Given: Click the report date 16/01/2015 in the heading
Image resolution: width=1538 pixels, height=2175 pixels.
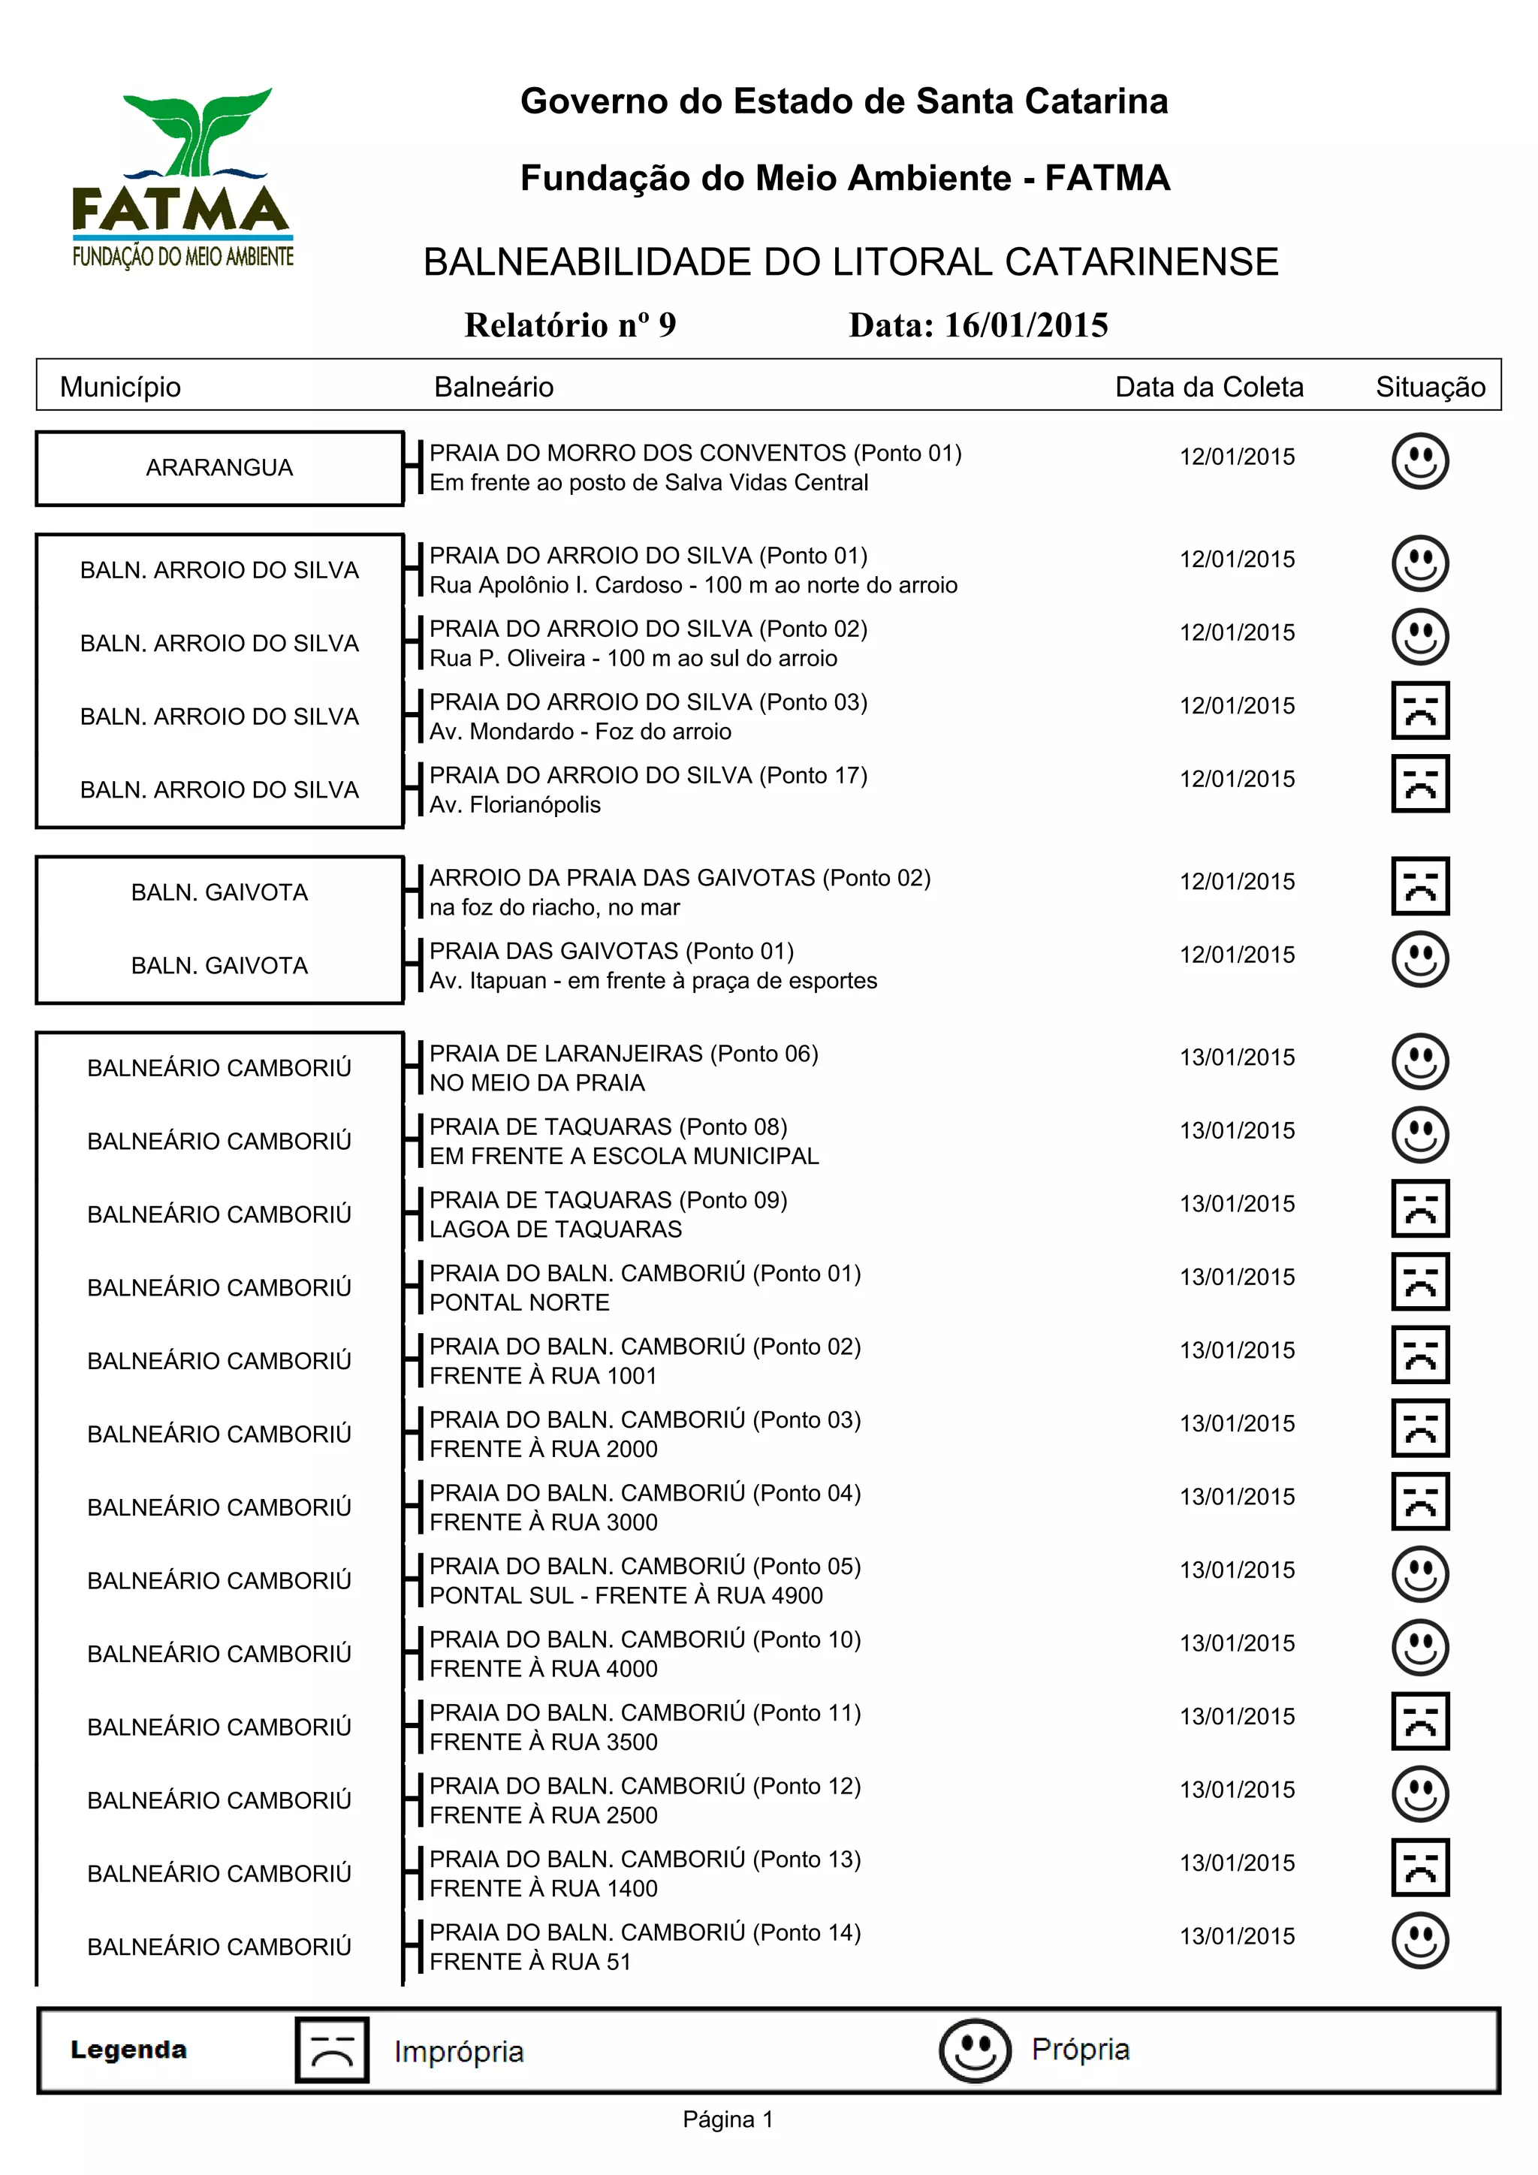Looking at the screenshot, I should tap(979, 325).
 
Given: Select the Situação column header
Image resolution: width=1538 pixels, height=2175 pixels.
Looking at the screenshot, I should tap(1430, 387).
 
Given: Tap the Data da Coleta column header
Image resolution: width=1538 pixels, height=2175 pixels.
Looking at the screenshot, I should tap(1208, 387).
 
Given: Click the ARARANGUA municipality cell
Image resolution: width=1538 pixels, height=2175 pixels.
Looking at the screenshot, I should tap(220, 468).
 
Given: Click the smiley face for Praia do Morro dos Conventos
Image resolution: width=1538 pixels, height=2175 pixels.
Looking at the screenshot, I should tap(1419, 461).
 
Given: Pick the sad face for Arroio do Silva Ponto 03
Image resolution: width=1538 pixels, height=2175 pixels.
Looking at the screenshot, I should tap(1419, 710).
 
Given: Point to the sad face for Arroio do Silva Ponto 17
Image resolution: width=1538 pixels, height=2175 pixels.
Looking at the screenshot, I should tap(1419, 783).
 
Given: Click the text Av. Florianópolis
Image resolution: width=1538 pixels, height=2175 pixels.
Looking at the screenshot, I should tap(515, 805).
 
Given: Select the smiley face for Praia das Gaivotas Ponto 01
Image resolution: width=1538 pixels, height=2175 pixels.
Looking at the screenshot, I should tap(1419, 958).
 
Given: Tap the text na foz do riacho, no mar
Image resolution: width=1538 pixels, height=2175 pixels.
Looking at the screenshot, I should tap(554, 907).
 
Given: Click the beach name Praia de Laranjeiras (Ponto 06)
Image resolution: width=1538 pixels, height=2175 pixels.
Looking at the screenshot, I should tap(624, 1054).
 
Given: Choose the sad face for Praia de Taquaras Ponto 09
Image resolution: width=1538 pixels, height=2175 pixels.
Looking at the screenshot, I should tap(1419, 1208).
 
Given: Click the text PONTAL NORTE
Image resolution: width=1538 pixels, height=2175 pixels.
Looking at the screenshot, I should tap(519, 1302).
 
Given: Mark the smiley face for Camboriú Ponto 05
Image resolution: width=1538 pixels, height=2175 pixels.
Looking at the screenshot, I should tap(1419, 1574).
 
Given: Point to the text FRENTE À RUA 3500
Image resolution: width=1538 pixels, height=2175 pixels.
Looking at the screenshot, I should tap(544, 1742).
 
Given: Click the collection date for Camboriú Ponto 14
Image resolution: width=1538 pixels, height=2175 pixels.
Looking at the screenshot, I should tap(1237, 1936).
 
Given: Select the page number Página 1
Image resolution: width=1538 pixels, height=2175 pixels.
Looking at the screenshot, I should tap(728, 2120).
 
